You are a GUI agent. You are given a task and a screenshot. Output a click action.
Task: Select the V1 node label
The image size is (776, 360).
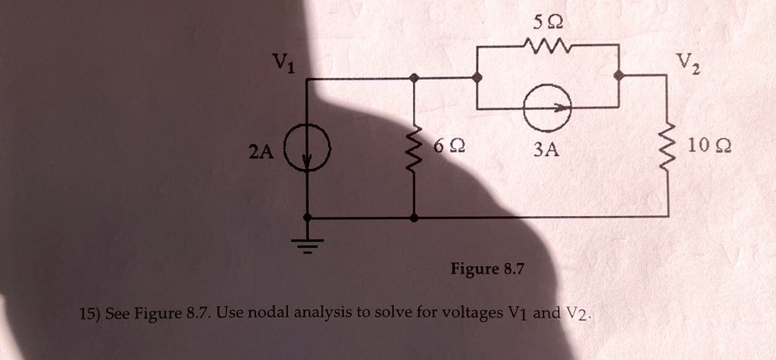click(282, 64)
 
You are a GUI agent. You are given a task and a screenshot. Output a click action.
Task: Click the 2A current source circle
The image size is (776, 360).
click(307, 150)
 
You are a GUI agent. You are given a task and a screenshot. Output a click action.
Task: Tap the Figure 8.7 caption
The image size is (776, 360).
click(487, 269)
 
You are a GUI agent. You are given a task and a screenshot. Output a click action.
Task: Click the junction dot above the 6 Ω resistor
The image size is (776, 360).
click(414, 77)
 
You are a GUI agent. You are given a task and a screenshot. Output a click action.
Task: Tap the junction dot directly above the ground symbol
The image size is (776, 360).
click(307, 218)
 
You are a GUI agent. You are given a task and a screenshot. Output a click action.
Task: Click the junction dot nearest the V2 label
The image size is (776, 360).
click(619, 76)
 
